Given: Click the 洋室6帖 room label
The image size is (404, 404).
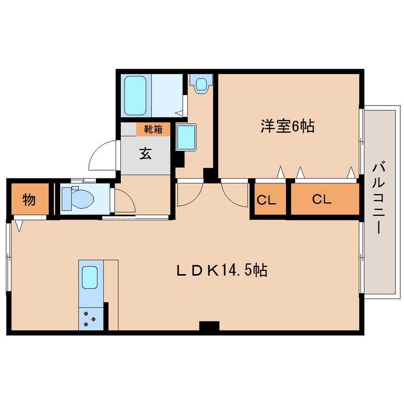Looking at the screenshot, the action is [287, 126].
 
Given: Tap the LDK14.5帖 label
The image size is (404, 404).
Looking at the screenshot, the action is [222, 270].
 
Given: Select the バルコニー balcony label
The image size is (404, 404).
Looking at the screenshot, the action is [379, 197].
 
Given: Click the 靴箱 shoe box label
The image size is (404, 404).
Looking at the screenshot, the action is [153, 129].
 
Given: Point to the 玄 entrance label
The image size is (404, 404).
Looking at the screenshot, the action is [145, 153].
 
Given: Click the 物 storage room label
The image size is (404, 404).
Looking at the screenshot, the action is [29, 200].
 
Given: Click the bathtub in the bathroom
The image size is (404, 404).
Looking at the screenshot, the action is [135, 95].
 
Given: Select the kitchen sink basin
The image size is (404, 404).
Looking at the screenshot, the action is [90, 277].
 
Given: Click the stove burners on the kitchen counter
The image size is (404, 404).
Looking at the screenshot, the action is [89, 319].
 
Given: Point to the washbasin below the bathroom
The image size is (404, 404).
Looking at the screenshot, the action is [186, 137].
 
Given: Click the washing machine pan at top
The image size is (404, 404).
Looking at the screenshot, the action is [201, 84].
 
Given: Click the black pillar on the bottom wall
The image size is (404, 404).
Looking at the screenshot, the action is [209, 326].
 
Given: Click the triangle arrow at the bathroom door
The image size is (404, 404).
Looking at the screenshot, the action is [179, 113].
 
